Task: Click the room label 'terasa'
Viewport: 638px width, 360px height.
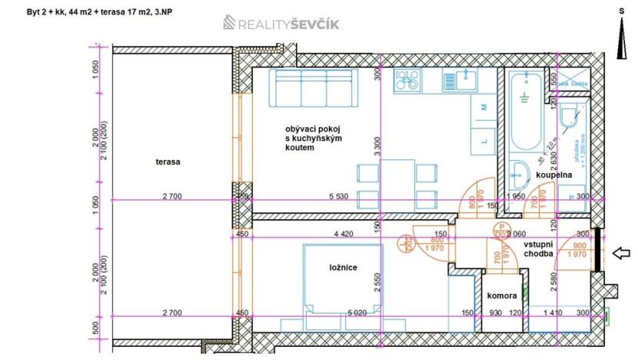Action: [167, 162]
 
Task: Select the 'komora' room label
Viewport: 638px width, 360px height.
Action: [502, 295]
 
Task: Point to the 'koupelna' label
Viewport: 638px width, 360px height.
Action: [554, 175]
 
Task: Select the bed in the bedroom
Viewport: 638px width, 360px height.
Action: [343, 279]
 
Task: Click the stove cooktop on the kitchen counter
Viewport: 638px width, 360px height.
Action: [407, 80]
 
